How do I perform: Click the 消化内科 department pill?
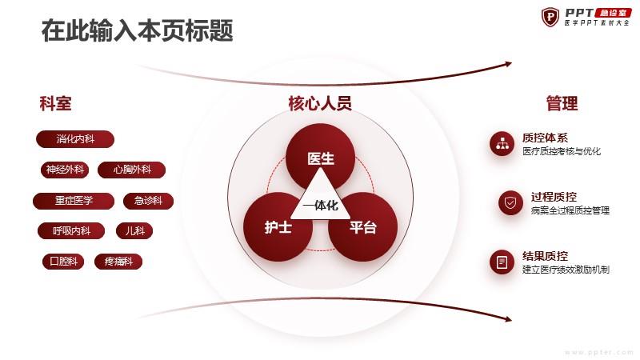click(75, 139)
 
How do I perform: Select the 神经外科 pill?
click(65, 170)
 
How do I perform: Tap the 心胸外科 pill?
click(132, 170)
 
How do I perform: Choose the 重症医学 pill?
click(74, 201)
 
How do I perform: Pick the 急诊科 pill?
click(149, 201)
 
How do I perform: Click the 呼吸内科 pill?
click(71, 231)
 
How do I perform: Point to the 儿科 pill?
click(134, 231)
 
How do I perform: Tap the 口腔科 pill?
click(63, 262)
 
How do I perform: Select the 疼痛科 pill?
click(118, 262)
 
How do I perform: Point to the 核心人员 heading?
click(320, 103)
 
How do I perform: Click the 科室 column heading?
click(55, 103)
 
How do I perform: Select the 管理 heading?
click(562, 103)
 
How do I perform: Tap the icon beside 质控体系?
click(502, 144)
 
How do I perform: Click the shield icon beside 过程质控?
click(510, 202)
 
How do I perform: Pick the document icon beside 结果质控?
click(502, 262)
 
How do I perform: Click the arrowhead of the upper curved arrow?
click(509, 64)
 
